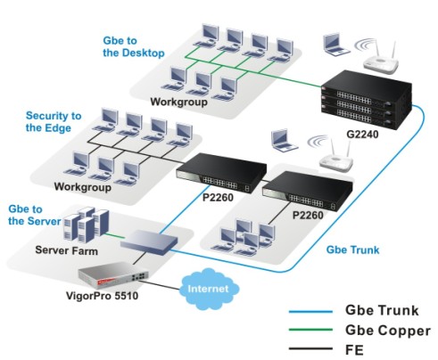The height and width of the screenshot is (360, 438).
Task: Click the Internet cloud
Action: coord(209,289)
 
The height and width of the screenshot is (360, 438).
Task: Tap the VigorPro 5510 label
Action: coord(102,296)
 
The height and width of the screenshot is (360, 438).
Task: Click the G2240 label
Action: coord(362,135)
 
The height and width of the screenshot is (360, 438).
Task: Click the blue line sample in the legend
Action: coord(310,312)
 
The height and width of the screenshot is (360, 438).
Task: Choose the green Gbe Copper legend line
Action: coord(310,330)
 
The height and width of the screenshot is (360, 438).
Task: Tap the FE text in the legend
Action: coord(354,350)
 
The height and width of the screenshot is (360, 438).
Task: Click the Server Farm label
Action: coord(67,250)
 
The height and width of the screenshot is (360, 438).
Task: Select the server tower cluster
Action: coord(87,225)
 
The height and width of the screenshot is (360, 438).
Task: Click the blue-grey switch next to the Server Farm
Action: coord(150,242)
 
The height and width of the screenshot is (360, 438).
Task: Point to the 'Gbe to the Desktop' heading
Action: coord(134,46)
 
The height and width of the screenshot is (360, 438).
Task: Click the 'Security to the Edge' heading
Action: coord(54,121)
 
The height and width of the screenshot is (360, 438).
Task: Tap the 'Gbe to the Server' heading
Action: coord(34,215)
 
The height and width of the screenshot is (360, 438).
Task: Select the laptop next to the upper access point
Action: coord(336,45)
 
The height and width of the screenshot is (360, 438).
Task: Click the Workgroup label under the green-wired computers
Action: coord(179,102)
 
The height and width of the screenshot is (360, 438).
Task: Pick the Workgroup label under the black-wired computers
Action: coord(83,187)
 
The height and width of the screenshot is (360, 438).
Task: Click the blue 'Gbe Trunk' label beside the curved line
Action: coord(352,250)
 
